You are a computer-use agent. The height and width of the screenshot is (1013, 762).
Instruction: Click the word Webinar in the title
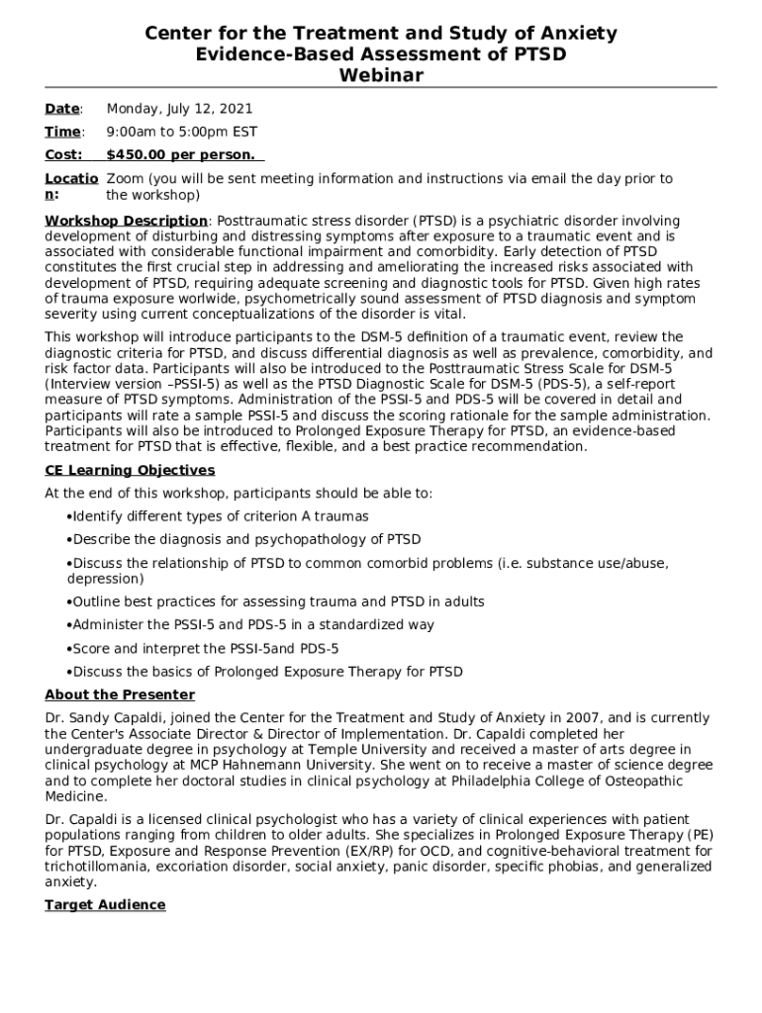point(381,75)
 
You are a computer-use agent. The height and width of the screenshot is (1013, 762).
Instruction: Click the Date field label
point(62,109)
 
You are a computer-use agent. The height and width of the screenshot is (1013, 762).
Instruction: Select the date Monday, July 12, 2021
point(179,109)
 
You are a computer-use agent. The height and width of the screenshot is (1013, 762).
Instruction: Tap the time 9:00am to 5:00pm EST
point(181,132)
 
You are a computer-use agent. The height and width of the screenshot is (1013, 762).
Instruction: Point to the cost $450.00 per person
point(180,154)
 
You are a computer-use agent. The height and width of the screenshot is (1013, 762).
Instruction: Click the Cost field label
point(63,154)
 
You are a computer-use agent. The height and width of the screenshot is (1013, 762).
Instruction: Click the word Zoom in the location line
point(124,179)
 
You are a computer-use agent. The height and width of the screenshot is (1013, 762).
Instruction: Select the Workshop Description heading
point(127,221)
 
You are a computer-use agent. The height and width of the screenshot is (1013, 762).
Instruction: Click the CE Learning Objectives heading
point(130,470)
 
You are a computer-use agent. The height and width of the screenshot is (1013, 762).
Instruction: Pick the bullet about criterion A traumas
point(220,516)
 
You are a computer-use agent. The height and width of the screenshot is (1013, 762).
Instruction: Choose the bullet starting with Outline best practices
point(264,601)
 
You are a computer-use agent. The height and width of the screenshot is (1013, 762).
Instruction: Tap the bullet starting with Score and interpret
point(205,648)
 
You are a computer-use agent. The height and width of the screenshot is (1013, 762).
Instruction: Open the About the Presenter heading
point(120,694)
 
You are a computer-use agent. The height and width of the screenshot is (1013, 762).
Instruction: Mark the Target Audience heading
point(105,905)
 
